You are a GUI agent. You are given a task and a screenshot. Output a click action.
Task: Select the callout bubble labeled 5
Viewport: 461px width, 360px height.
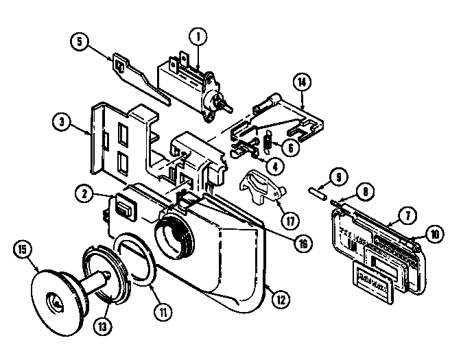tap(80, 40)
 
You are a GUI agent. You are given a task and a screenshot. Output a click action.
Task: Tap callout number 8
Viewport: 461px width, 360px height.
tap(367, 194)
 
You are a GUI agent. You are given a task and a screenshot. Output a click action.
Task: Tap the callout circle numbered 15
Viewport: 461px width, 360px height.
tap(21, 251)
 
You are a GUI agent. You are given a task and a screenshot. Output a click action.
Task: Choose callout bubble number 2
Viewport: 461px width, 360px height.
tap(86, 195)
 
